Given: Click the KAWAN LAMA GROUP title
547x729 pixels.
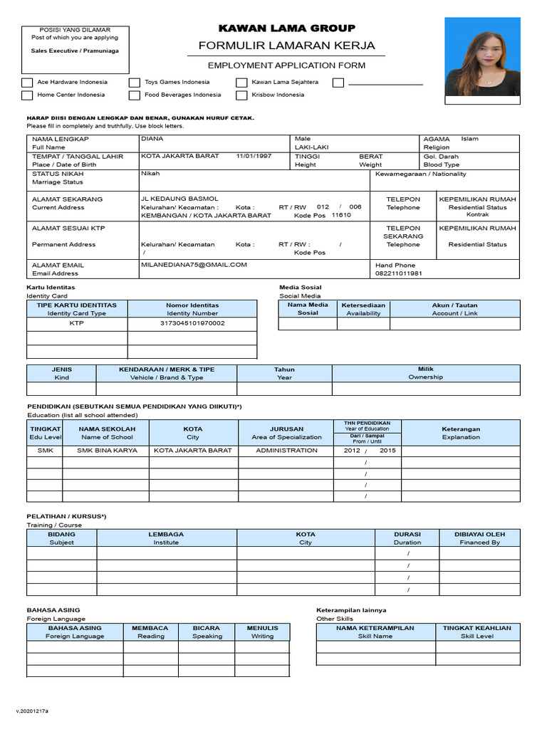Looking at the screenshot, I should point(286,28).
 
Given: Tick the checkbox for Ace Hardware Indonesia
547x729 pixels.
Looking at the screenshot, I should point(27,83).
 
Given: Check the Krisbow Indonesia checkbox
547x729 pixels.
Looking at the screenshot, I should point(241,95).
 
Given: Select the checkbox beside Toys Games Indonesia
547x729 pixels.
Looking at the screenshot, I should point(135,83).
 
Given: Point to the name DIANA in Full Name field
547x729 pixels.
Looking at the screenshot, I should point(152,139).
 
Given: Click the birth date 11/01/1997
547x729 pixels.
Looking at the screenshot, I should point(254,156).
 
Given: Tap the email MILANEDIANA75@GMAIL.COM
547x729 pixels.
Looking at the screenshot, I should point(194,265).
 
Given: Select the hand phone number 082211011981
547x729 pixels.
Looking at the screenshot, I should point(399,273).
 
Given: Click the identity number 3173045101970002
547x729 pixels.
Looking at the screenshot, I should point(192,323).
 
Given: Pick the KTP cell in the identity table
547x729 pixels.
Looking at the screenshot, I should point(77,323).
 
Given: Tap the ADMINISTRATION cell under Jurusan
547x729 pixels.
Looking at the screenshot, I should point(286,451).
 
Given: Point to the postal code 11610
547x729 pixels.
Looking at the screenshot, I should point(341,215).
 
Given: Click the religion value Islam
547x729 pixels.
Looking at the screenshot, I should point(470,139).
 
